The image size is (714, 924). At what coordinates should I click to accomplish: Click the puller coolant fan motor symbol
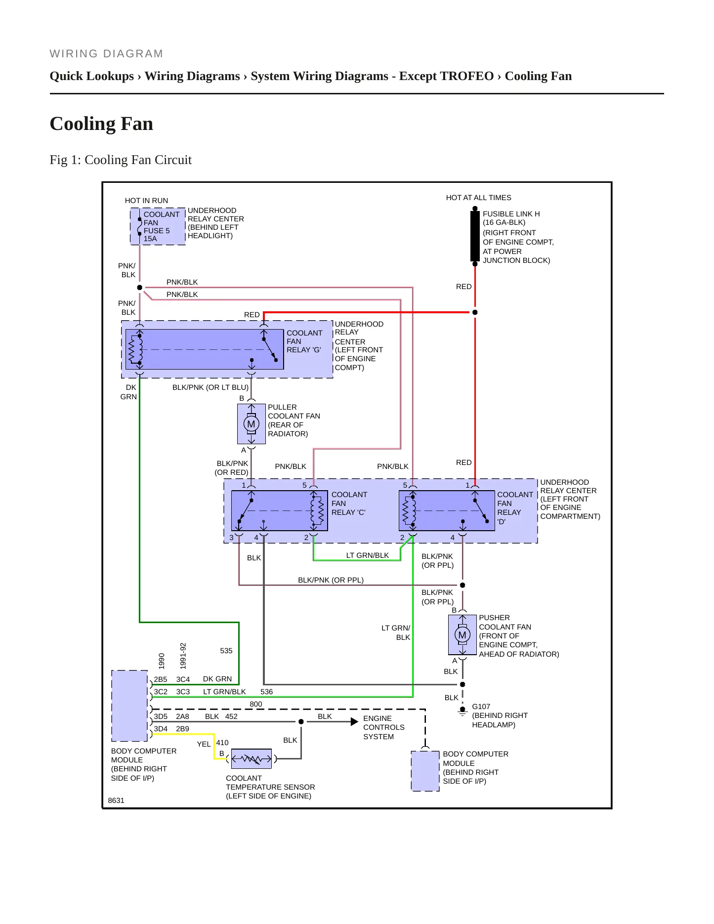coord(252,424)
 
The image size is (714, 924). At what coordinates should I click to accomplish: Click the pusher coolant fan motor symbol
coord(462,635)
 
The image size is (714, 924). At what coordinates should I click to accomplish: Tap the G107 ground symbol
coord(462,711)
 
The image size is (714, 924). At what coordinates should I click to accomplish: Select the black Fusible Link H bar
coord(475,236)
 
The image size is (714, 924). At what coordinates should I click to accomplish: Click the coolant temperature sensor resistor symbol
coord(252,758)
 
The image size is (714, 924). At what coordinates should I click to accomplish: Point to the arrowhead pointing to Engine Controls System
coord(354,722)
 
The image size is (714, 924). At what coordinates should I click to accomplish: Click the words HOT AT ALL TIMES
coord(478,198)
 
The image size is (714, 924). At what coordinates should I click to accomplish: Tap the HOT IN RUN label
coord(146,201)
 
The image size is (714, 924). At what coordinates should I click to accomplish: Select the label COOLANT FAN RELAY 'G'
coord(304,341)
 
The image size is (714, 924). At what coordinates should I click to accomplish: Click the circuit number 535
coord(226,651)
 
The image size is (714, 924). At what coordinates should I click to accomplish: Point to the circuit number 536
coord(267,692)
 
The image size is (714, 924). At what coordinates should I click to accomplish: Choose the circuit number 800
coord(256,704)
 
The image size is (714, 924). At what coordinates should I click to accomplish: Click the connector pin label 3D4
coord(161,729)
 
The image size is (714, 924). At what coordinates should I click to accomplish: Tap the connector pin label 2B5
coord(161,679)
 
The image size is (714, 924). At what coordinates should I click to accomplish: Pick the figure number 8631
coord(116,800)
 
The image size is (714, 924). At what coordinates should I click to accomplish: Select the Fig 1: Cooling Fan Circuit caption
coord(121,160)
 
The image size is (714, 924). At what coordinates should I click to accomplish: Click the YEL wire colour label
coord(204,744)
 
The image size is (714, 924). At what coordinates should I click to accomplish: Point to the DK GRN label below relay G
coord(128,392)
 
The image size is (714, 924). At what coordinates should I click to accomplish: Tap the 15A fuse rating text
coord(150,239)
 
